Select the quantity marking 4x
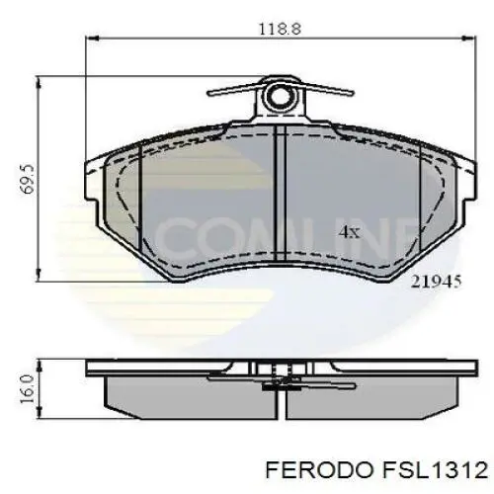[x=350, y=232]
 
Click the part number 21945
[x=434, y=281]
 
